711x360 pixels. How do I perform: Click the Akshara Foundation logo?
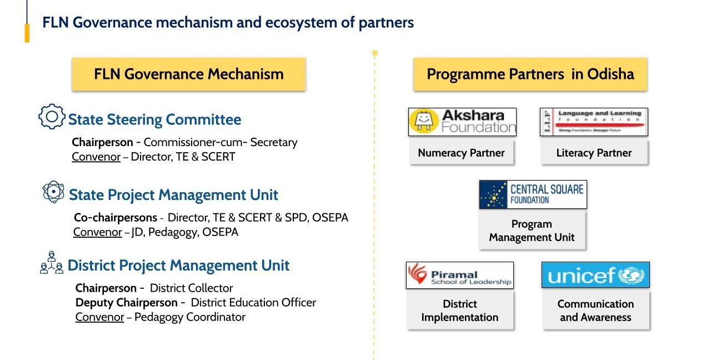pyautogui.click(x=462, y=122)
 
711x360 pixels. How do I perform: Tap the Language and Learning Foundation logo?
pyautogui.click(x=594, y=122)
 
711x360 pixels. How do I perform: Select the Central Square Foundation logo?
pyautogui.click(x=533, y=194)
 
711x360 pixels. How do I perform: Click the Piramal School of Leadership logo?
pyautogui.click(x=459, y=275)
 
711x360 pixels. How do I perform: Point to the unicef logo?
pyautogui.click(x=595, y=275)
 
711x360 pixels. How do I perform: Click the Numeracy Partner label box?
pyautogui.click(x=461, y=153)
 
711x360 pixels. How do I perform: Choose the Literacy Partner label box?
pyautogui.click(x=594, y=153)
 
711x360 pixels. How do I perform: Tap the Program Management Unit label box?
pyautogui.click(x=532, y=231)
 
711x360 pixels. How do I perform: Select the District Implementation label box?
pyautogui.click(x=459, y=311)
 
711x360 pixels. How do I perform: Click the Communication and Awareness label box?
pyautogui.click(x=595, y=311)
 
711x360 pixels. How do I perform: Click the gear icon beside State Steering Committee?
pyautogui.click(x=52, y=117)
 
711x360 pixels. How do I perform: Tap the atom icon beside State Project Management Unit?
pyautogui.click(x=53, y=192)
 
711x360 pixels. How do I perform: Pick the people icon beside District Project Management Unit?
pyautogui.click(x=52, y=263)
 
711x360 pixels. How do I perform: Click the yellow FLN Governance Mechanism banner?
pyautogui.click(x=188, y=74)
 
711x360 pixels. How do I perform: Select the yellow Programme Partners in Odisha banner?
pyautogui.click(x=530, y=74)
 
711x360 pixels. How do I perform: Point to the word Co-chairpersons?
pyautogui.click(x=116, y=218)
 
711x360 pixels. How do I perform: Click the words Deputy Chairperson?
pyautogui.click(x=127, y=303)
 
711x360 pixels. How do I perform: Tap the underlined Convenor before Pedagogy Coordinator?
pyautogui.click(x=99, y=317)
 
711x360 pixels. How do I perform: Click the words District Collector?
pyautogui.click(x=191, y=288)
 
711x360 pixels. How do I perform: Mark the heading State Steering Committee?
pyautogui.click(x=154, y=120)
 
